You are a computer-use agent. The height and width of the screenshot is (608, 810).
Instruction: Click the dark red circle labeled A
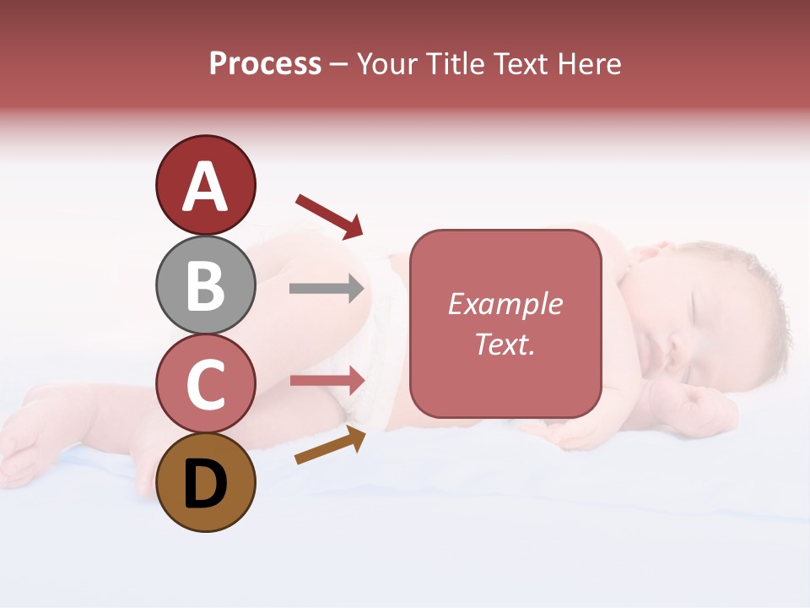(x=205, y=185)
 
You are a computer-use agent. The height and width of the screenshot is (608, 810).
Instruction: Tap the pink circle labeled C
(x=205, y=383)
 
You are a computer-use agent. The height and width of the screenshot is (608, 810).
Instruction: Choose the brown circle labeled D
(x=205, y=482)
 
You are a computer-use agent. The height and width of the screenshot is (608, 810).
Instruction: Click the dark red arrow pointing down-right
(x=329, y=215)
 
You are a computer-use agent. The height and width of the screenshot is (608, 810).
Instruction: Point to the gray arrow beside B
(x=327, y=288)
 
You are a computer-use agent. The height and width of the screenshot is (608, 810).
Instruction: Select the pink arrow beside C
(x=327, y=380)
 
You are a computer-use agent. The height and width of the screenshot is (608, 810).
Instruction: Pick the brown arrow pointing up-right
(x=330, y=445)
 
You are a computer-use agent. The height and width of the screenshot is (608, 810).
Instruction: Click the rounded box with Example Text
(x=505, y=323)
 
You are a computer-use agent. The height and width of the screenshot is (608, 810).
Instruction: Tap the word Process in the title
(x=265, y=63)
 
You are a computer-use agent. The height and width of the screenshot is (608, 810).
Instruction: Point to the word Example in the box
(x=505, y=304)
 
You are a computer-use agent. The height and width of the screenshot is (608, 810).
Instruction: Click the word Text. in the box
(x=505, y=344)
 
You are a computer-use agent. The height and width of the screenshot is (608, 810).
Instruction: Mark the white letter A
(x=206, y=187)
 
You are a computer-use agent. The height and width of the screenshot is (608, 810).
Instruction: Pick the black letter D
(x=205, y=484)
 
